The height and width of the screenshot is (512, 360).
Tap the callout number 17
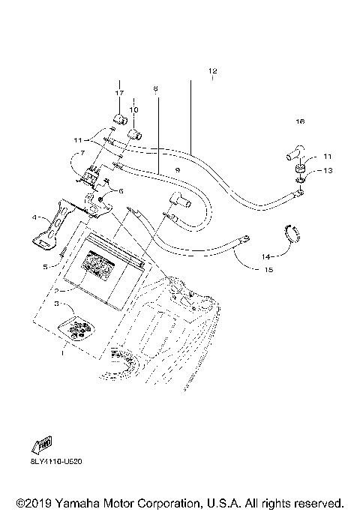click(x=118, y=92)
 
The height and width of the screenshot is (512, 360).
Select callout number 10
click(x=133, y=110)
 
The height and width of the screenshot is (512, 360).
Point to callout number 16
click(x=300, y=121)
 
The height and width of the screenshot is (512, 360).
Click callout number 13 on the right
click(x=327, y=171)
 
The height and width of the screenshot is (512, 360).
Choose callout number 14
click(x=265, y=256)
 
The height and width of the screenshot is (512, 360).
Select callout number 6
click(x=118, y=191)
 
